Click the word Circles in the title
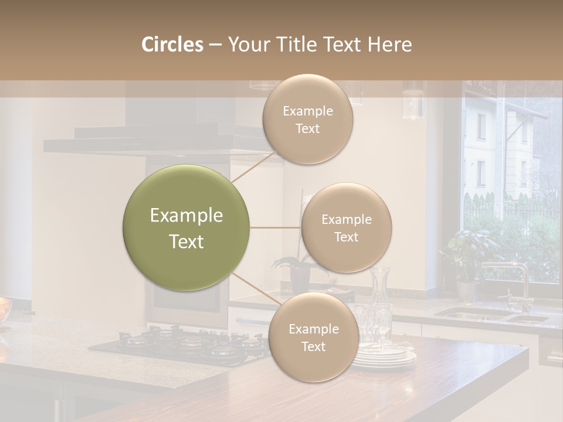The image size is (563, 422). (x=172, y=45)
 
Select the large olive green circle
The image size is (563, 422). (x=186, y=227)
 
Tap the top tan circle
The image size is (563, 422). (x=307, y=119)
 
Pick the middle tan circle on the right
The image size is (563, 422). (x=346, y=227)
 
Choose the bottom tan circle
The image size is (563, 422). (x=313, y=337)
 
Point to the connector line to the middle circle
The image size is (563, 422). (x=275, y=227)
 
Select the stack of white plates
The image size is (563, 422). (x=384, y=356)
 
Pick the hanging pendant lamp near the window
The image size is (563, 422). (x=413, y=103)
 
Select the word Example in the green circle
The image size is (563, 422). (x=186, y=216)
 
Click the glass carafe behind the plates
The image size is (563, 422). (x=380, y=287)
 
